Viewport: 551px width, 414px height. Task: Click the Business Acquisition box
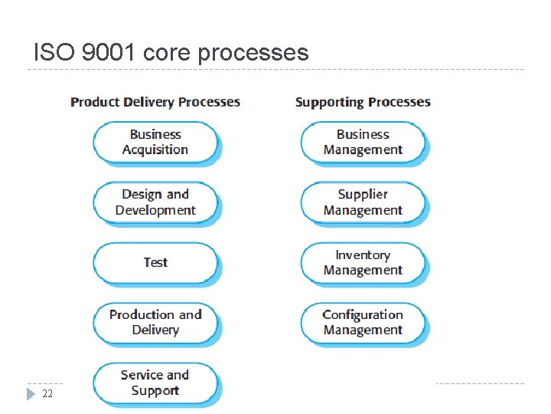click(x=155, y=142)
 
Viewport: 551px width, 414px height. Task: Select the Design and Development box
click(x=155, y=202)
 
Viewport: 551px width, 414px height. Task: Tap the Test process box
click(x=155, y=262)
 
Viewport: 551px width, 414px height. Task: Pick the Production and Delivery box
click(x=155, y=322)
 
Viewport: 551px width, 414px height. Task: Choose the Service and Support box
click(x=155, y=383)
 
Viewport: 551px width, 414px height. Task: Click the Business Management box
click(x=363, y=142)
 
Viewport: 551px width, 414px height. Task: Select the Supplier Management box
click(x=363, y=202)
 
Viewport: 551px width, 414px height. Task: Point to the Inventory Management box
click(x=363, y=262)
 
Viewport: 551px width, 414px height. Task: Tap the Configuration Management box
click(x=363, y=322)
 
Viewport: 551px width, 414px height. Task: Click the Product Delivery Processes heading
click(x=155, y=102)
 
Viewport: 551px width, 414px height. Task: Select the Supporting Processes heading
click(x=363, y=102)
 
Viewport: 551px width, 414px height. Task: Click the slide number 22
click(x=47, y=393)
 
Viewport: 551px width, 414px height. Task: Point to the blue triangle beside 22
click(x=31, y=393)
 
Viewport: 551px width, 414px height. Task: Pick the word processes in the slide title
click(x=253, y=52)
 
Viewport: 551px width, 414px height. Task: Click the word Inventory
click(x=363, y=255)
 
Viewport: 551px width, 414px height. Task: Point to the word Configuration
click(x=363, y=314)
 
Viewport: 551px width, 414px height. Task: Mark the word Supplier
click(x=363, y=195)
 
